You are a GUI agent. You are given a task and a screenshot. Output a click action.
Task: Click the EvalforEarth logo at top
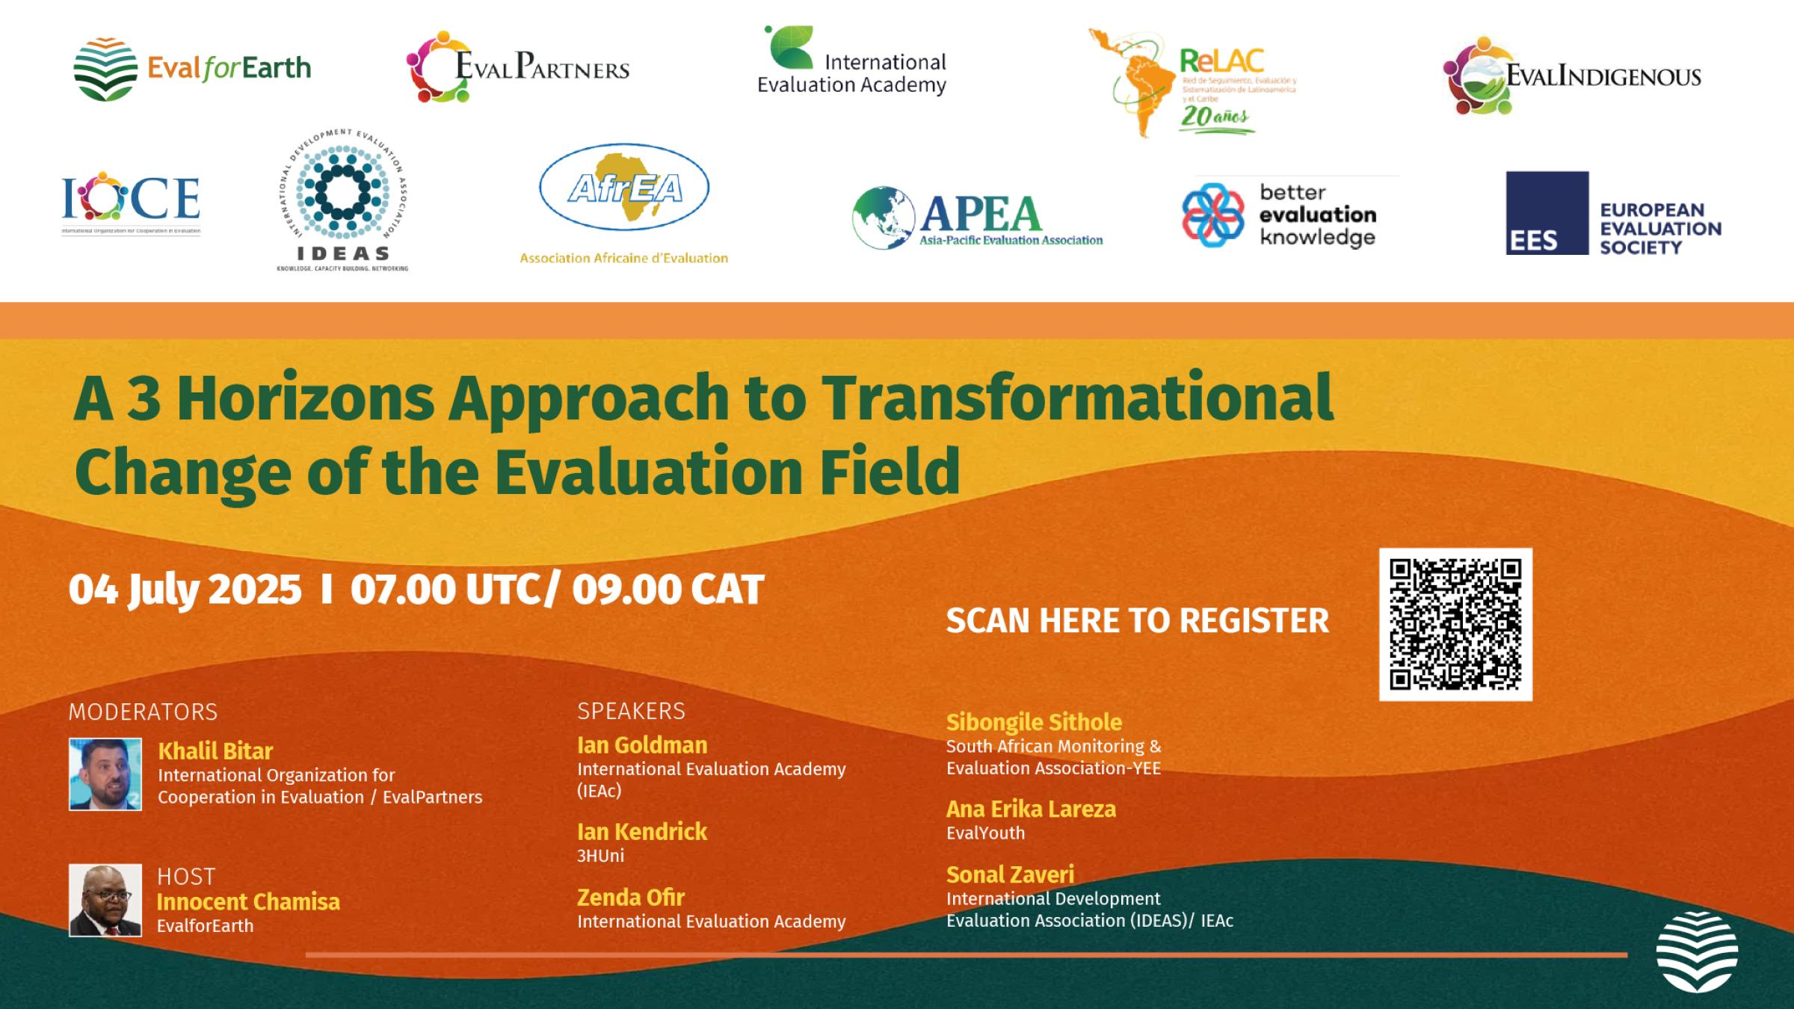point(191,69)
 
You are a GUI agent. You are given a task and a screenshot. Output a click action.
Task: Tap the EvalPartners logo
point(517,67)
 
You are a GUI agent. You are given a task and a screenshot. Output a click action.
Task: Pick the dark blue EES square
point(1547,213)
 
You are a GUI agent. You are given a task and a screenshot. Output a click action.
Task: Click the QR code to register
point(1455,624)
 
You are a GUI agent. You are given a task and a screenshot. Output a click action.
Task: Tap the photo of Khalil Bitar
point(105,774)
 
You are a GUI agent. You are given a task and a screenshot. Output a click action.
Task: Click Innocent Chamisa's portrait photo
point(105,900)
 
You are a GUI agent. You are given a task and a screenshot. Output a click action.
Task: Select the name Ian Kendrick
point(641,831)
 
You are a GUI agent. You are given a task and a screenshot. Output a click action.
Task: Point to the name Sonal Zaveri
point(1009,874)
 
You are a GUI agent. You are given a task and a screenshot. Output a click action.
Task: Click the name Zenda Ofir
point(630,897)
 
